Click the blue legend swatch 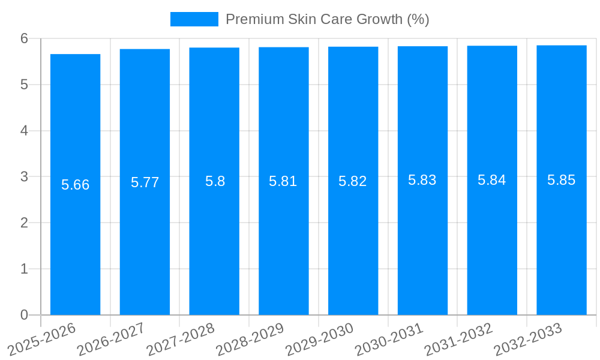coord(194,19)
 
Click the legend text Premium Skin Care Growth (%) coord(327,19)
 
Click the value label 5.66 coord(75,185)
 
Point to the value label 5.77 coord(145,183)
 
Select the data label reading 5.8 coord(215,181)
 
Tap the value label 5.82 coord(353,181)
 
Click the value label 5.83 coord(422,180)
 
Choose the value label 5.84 coord(492,180)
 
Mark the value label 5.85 coord(562,180)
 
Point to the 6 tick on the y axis coord(24,38)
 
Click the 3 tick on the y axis coord(24,176)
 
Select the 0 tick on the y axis coord(24,315)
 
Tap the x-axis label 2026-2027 coord(112,339)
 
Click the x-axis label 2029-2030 coord(320,339)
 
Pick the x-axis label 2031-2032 coord(459,339)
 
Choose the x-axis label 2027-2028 coord(181,339)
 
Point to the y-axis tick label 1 coord(24,269)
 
